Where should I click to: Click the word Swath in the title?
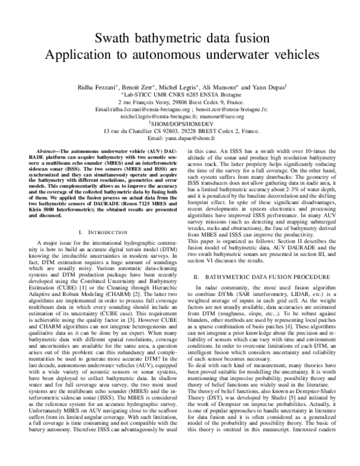[115, 39]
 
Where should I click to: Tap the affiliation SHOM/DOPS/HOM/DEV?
[181, 123]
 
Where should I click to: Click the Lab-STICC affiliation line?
[181, 94]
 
